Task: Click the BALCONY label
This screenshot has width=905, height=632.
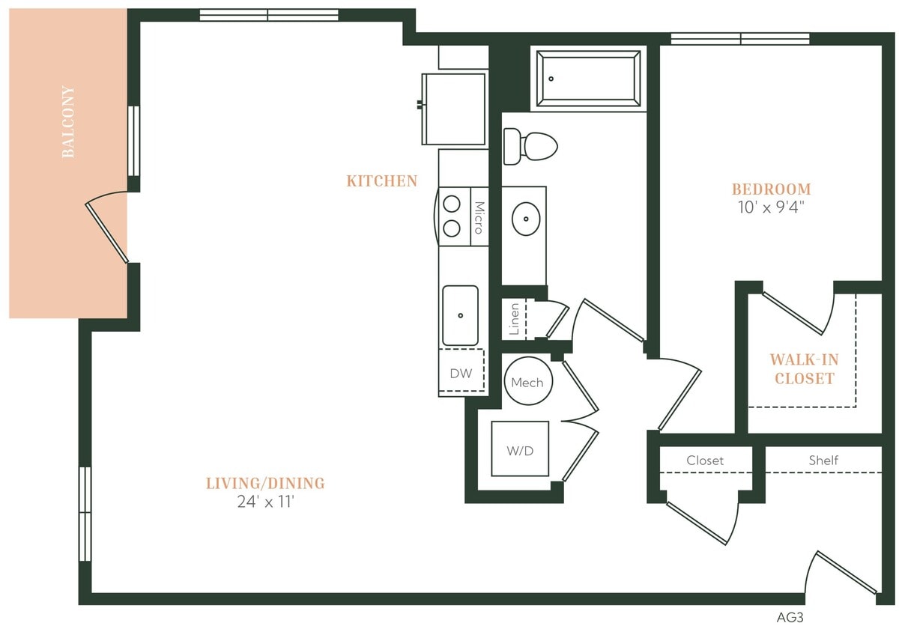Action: point(68,122)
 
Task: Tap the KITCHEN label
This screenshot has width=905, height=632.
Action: point(382,181)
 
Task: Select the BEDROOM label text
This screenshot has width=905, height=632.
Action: point(771,189)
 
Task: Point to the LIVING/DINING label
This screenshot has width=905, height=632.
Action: point(265,484)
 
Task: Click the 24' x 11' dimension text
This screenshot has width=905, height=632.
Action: point(265,502)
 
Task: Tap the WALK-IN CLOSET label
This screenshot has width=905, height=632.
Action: point(804,369)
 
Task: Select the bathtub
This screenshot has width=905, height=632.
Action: point(588,79)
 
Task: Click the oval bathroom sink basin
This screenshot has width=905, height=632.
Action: point(526,219)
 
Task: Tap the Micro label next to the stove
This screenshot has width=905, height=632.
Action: point(479,218)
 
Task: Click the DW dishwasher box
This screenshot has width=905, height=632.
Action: point(461,373)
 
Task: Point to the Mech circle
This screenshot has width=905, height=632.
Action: point(527,382)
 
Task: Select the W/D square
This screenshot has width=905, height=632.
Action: point(520,449)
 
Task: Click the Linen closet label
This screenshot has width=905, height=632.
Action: point(514,319)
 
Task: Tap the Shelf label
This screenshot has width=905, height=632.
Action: point(823,461)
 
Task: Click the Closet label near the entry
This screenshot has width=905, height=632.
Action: point(705,461)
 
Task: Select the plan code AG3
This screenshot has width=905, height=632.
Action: point(790,618)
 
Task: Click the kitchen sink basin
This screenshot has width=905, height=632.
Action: point(460,315)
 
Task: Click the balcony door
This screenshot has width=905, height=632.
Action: point(107,231)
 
